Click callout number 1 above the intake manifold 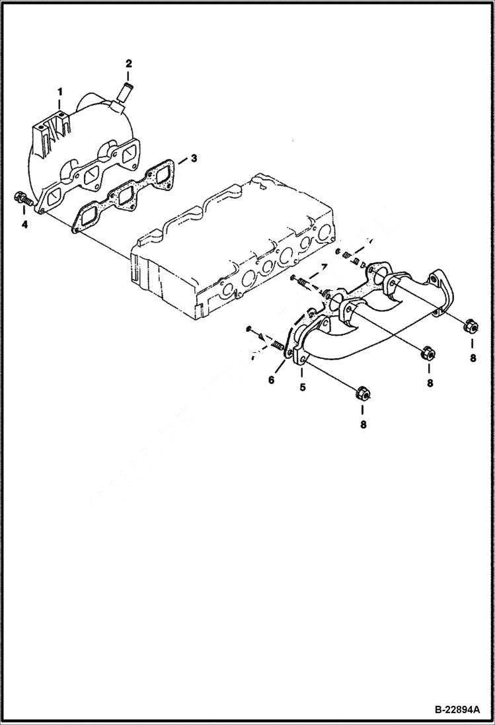point(59,89)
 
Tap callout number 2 point(129,63)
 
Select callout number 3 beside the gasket point(194,159)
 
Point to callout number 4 point(24,225)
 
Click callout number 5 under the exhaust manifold point(303,387)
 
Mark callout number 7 point(324,266)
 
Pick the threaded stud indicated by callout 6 point(276,344)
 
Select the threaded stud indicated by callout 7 point(305,282)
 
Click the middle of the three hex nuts point(427,354)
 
